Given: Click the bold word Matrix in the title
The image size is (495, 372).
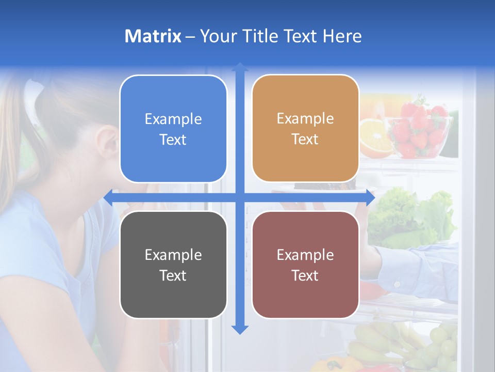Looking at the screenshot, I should click(153, 36).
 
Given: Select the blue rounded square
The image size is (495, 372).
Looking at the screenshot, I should click(173, 129).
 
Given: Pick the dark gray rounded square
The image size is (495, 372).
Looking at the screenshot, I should click(173, 265).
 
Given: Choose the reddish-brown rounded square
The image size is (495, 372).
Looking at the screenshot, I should click(305, 265).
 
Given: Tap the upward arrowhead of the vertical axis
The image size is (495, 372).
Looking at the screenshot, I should click(240, 67).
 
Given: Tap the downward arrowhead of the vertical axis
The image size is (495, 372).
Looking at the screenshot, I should click(240, 329).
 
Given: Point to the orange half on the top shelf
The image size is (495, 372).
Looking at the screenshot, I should click(375, 138).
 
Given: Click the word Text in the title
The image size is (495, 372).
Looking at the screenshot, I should click(299, 36).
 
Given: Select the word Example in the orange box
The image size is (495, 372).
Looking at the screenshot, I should click(305, 118).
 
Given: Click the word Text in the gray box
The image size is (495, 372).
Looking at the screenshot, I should click(173, 275).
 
